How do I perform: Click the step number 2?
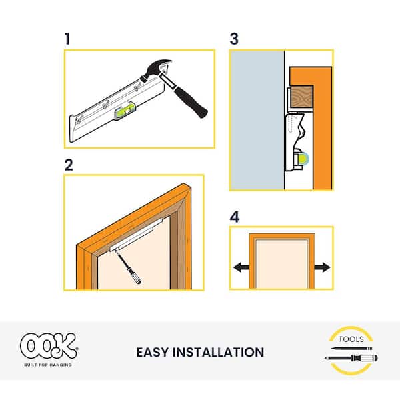click(x=68, y=165)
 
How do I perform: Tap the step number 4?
click(x=234, y=217)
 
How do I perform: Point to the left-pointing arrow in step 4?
click(x=241, y=267)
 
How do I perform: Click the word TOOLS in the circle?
click(x=352, y=338)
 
